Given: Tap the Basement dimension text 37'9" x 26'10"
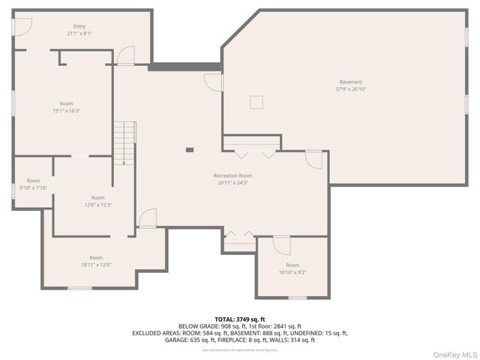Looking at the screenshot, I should tap(350, 88).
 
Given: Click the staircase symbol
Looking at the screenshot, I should tap(124, 142).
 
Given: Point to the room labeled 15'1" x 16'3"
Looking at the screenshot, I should tap(67, 106).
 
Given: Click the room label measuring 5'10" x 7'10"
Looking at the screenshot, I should tap(34, 184).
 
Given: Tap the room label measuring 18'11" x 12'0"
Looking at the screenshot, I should tap(96, 261).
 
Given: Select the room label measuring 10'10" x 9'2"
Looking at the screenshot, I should tap(292, 268).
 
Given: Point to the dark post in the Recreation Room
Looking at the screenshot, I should tap(190, 150).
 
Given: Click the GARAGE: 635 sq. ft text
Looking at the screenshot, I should tap(191, 340).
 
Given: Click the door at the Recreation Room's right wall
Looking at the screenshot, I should tap(314, 159).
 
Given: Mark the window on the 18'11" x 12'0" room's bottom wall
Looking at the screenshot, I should tap(79, 288).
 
